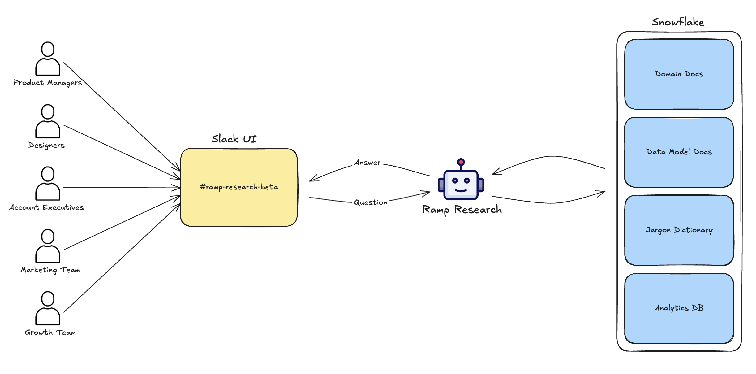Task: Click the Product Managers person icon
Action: click(48, 59)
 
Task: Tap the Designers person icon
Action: click(48, 121)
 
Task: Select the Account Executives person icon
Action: click(48, 184)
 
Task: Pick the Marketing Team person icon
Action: click(48, 246)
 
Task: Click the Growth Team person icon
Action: click(48, 308)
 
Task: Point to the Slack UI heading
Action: click(234, 139)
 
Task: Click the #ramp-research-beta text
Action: click(239, 187)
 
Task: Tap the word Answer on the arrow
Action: click(367, 163)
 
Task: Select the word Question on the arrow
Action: click(371, 202)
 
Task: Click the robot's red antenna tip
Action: click(461, 162)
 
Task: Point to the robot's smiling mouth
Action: click(461, 190)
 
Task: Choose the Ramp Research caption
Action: click(462, 210)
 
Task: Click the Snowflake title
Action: click(678, 22)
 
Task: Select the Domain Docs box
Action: click(679, 74)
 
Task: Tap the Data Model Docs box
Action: click(679, 152)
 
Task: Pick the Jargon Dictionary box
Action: click(679, 230)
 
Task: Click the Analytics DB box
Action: click(679, 308)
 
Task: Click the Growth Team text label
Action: click(50, 333)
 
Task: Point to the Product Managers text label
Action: click(48, 83)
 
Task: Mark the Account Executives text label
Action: click(46, 207)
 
